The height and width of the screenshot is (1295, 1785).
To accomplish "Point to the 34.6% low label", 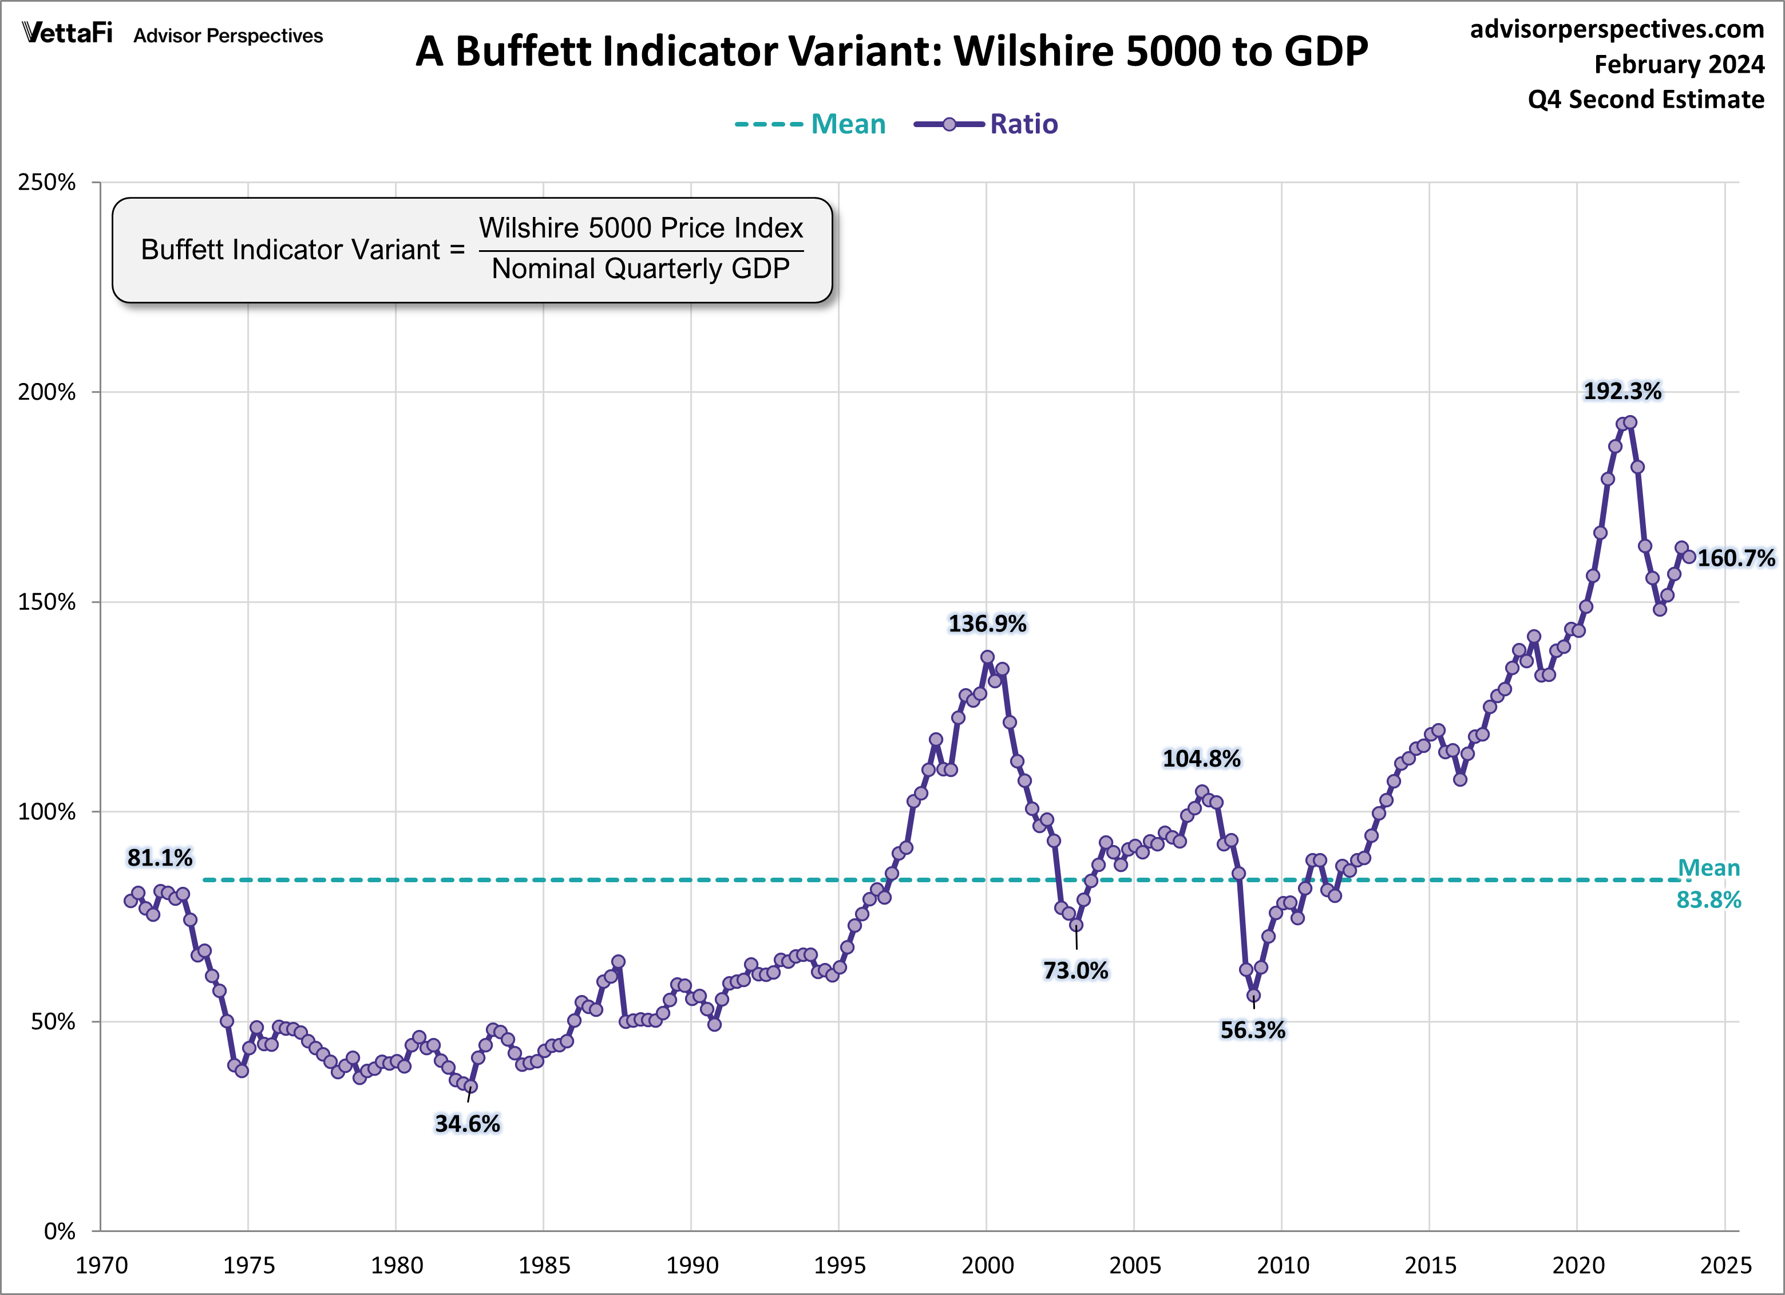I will point(467,1123).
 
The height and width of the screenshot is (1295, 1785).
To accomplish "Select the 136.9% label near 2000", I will point(987,623).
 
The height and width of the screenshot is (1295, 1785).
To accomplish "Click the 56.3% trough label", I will point(1252,1030).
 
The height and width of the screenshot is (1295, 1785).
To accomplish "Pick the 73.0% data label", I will point(1075,970).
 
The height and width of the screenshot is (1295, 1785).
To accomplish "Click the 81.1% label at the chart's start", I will point(160,857).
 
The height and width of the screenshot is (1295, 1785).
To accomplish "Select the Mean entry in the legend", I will point(848,124).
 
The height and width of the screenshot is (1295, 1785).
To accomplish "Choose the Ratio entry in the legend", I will point(1023,124).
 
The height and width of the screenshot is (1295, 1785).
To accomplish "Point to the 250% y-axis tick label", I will point(48,182).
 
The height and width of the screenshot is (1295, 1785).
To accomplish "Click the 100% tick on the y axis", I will point(48,812).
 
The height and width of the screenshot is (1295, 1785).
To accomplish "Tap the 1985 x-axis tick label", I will point(543,1265).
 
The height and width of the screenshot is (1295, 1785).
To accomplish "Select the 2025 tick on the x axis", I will point(1725,1265).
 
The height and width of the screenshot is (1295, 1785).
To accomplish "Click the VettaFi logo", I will point(68,33).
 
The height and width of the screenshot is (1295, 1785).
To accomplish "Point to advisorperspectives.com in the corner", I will point(1617,29).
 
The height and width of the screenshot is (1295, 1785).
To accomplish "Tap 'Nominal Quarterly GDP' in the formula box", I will point(640,269).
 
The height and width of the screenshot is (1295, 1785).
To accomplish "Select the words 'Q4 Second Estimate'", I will point(1646,99).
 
